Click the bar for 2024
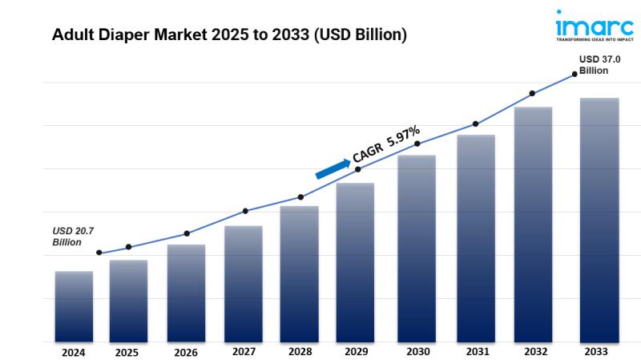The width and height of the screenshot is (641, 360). coord(74,305)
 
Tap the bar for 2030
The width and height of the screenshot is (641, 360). coord(417,248)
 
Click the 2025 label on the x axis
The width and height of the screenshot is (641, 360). coord(126,352)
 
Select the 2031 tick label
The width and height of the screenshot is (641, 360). coord(478,351)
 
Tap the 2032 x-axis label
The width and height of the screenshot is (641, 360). coord(536,351)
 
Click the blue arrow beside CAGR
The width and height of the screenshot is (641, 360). coord(333,168)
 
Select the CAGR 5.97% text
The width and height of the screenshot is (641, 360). coord(386,145)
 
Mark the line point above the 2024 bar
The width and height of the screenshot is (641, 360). coord(99,253)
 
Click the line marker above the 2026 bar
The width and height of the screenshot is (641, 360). coord(187,233)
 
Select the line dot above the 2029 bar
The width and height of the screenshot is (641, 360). coord(357,169)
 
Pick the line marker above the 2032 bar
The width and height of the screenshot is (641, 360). coord(532,94)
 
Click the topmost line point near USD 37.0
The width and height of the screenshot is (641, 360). coord(574,75)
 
